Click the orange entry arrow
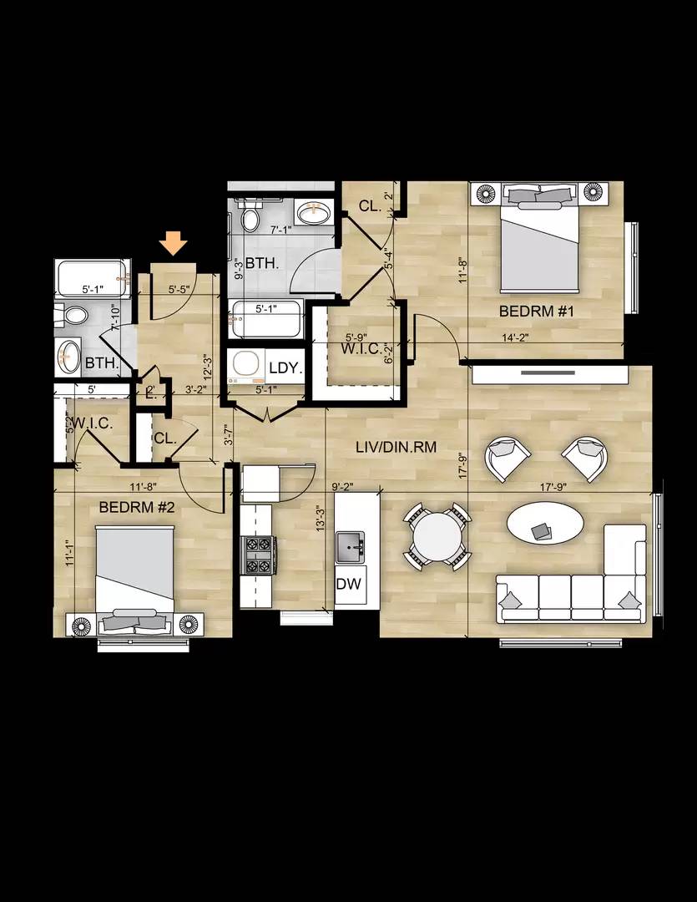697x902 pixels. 174,242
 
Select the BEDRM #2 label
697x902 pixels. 137,507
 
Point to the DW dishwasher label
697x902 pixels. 348,584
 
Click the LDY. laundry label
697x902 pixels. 285,368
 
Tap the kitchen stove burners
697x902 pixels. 258,555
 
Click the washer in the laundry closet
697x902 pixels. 246,365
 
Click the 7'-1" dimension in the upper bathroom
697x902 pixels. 280,228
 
